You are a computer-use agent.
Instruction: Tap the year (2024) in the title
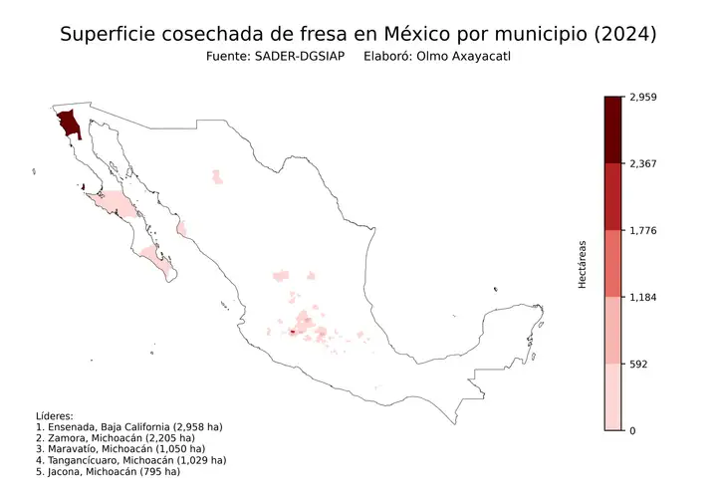click(621, 34)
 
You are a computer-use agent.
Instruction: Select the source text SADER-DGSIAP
click(301, 58)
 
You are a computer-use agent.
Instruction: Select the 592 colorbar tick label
click(641, 364)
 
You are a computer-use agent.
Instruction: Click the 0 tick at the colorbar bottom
click(633, 430)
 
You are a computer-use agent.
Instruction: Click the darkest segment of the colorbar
click(613, 129)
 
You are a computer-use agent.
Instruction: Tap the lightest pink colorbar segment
click(613, 396)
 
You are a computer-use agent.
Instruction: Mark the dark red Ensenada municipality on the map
click(69, 125)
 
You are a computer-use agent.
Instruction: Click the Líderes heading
click(56, 415)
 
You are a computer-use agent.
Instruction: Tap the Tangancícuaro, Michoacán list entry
click(130, 460)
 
